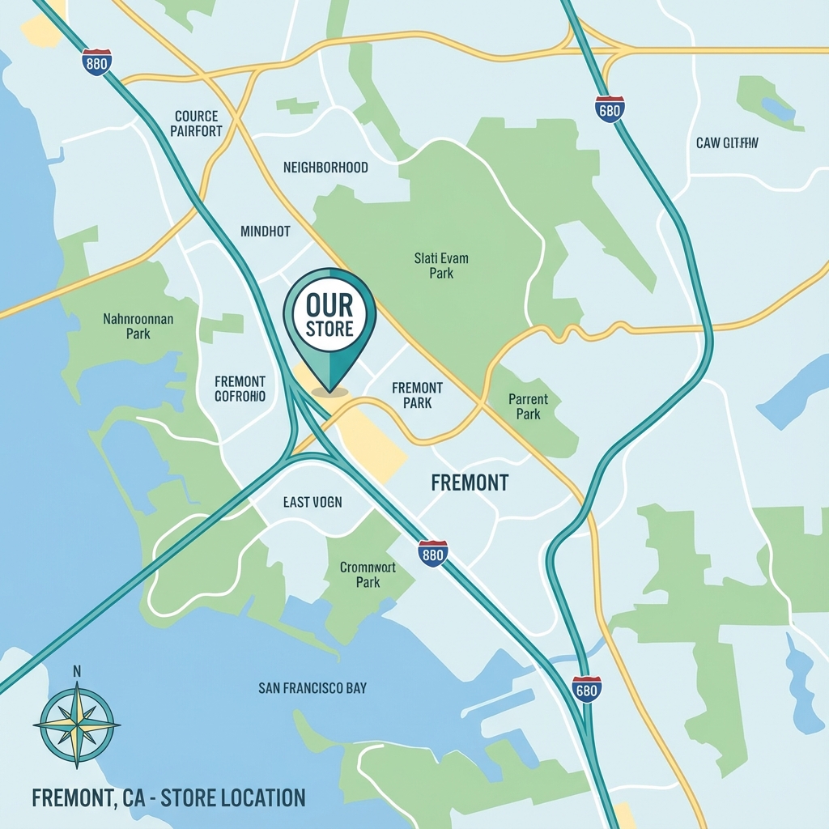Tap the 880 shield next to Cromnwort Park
[x=433, y=554]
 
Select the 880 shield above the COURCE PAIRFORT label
[x=96, y=62]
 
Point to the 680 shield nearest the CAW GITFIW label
[x=609, y=109]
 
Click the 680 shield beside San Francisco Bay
[x=586, y=689]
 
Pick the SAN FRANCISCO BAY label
[x=312, y=688]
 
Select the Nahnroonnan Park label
[x=138, y=326]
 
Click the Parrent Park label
[x=528, y=406]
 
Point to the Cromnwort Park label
[x=368, y=575]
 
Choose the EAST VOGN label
[x=312, y=502]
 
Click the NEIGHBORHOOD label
[x=325, y=168]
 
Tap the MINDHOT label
[x=265, y=232]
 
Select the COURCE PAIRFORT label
[x=198, y=124]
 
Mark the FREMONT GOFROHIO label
[x=240, y=389]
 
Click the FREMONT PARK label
[x=417, y=396]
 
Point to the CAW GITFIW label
[x=727, y=144]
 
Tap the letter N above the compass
[x=77, y=670]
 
